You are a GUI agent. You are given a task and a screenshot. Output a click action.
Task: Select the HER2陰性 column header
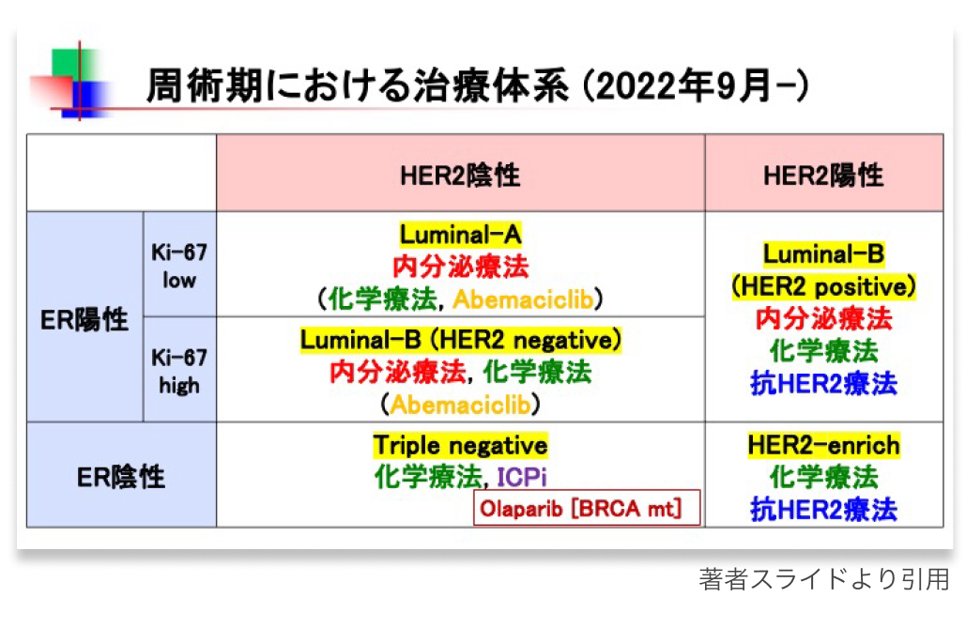tap(460, 175)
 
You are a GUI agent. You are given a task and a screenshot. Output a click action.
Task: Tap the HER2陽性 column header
tap(823, 175)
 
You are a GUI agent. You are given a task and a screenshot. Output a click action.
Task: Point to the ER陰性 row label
tap(120, 477)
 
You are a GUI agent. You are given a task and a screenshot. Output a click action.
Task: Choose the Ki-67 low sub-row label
tap(178, 266)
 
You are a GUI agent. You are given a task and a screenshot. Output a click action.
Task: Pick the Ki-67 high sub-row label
tap(178, 372)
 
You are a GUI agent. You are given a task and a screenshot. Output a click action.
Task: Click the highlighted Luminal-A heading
tap(460, 235)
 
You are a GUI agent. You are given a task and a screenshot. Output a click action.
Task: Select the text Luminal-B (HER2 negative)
tap(460, 340)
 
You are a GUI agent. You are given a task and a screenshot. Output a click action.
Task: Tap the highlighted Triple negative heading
tap(460, 445)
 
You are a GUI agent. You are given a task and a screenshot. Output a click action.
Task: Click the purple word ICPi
tap(522, 476)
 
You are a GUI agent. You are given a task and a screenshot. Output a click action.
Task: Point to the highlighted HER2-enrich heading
tap(823, 445)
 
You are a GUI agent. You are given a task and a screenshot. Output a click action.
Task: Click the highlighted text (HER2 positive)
tap(823, 285)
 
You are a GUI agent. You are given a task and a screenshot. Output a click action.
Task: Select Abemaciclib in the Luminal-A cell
tap(525, 299)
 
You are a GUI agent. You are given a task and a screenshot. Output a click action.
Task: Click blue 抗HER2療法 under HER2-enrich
tap(823, 510)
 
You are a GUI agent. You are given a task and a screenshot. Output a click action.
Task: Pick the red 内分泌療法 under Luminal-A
tap(460, 267)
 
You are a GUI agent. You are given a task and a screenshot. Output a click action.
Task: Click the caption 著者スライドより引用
tap(824, 579)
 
